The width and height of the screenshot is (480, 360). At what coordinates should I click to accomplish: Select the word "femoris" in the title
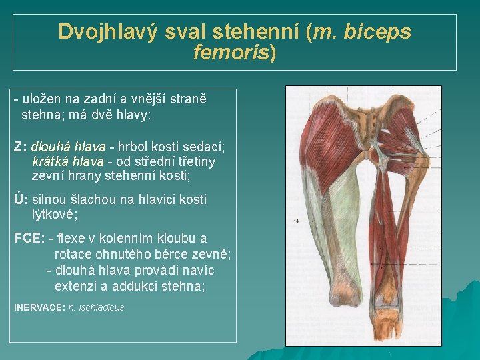[230, 53]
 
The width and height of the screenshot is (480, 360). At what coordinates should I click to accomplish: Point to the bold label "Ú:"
[21, 199]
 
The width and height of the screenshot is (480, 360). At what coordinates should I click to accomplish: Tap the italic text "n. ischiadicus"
[96, 307]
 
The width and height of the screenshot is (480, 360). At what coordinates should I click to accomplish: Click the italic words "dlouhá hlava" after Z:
[68, 146]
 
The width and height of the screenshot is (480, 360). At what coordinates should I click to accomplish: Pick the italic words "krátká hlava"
[67, 161]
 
